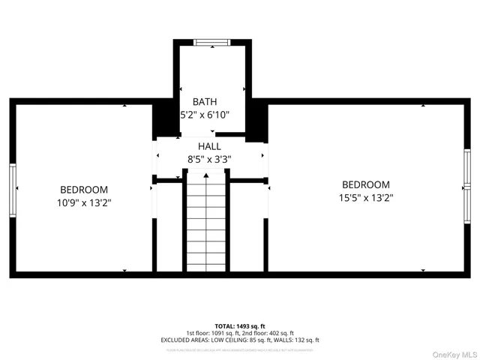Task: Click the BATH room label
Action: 204,101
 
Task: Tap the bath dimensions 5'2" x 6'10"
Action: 204,115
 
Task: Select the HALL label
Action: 209,145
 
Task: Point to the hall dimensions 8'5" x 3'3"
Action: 209,159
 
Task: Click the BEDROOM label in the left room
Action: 84,190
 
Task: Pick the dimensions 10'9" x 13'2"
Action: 84,202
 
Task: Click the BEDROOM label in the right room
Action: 366,184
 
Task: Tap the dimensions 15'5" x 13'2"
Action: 366,198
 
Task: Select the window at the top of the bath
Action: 211,42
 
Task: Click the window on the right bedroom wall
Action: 466,184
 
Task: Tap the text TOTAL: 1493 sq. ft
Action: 240,326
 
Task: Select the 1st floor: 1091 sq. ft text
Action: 211,333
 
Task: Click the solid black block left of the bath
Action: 163,120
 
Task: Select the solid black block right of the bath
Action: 257,120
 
